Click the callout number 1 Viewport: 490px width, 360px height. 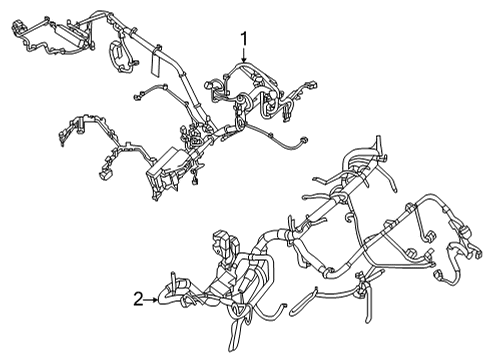tap(243, 40)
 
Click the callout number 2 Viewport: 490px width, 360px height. tap(137, 297)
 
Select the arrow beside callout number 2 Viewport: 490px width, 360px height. tap(154, 297)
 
